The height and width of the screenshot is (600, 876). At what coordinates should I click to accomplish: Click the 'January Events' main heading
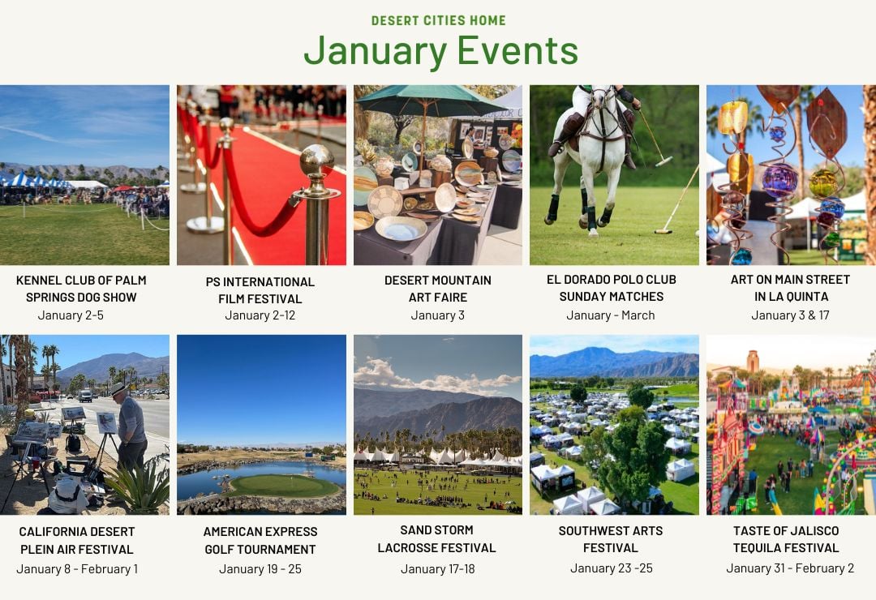point(440,51)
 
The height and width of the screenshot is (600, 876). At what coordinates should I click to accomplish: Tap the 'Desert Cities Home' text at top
point(439,20)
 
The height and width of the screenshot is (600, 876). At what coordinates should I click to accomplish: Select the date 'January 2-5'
point(71,315)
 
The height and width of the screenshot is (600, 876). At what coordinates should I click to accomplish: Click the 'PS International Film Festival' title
point(260,290)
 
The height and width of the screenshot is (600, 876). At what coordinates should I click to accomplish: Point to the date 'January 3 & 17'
point(790,315)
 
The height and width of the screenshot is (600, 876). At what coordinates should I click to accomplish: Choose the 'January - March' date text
point(611,315)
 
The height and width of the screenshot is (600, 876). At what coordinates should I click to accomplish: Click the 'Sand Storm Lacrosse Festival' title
point(437,539)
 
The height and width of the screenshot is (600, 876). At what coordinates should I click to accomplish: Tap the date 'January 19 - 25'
point(260,568)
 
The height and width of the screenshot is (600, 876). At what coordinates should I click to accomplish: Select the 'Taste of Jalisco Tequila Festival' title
point(786,539)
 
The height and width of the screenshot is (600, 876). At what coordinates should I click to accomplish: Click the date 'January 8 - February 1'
point(77,568)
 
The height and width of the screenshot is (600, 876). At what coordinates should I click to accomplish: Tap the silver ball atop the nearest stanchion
point(316,161)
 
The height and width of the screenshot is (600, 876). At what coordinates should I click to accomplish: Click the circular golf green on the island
point(284,485)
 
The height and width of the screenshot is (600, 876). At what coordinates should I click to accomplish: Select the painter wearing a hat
point(129,426)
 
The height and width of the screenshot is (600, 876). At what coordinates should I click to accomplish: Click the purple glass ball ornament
point(779,181)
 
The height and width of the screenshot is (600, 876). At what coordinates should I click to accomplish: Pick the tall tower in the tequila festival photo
point(753,362)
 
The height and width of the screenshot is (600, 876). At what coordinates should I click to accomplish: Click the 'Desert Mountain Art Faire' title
point(437,289)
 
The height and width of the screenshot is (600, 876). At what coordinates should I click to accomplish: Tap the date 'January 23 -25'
point(612,568)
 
